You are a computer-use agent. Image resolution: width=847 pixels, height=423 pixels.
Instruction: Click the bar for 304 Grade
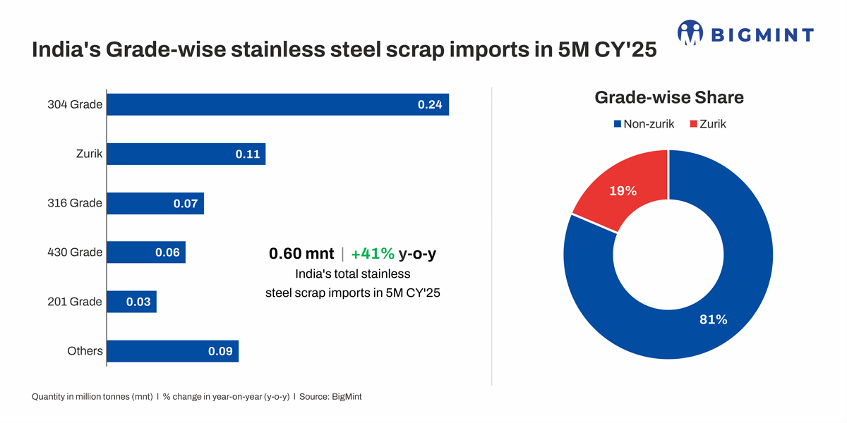click(277, 104)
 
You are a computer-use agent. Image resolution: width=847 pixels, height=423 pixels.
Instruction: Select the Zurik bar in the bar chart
click(186, 154)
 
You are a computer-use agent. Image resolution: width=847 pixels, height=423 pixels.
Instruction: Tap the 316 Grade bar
click(155, 204)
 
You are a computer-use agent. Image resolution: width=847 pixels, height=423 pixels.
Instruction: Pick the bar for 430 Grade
click(146, 252)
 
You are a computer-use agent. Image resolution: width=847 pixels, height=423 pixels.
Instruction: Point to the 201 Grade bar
click(131, 302)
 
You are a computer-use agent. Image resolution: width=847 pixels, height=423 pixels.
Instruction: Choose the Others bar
click(172, 351)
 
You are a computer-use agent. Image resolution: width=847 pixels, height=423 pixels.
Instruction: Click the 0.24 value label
click(430, 104)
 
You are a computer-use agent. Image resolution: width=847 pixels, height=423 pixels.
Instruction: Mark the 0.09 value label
click(220, 351)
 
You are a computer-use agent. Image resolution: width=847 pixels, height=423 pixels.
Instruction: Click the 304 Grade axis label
click(76, 105)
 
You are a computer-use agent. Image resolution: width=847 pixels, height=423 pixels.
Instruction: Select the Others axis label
click(85, 351)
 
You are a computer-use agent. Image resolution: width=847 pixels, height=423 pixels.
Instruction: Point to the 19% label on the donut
click(623, 191)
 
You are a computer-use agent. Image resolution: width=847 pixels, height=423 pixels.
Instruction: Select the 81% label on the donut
click(713, 319)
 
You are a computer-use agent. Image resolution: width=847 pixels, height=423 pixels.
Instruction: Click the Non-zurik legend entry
click(644, 124)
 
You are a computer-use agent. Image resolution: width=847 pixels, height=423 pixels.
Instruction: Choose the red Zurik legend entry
click(707, 124)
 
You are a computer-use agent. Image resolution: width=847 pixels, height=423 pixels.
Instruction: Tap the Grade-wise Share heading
click(669, 97)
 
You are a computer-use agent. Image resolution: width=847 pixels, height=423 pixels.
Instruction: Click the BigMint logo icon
click(690, 32)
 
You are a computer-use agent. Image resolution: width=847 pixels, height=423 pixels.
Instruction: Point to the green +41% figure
click(372, 254)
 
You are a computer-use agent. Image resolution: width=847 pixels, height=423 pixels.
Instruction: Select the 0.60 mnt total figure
click(301, 254)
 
